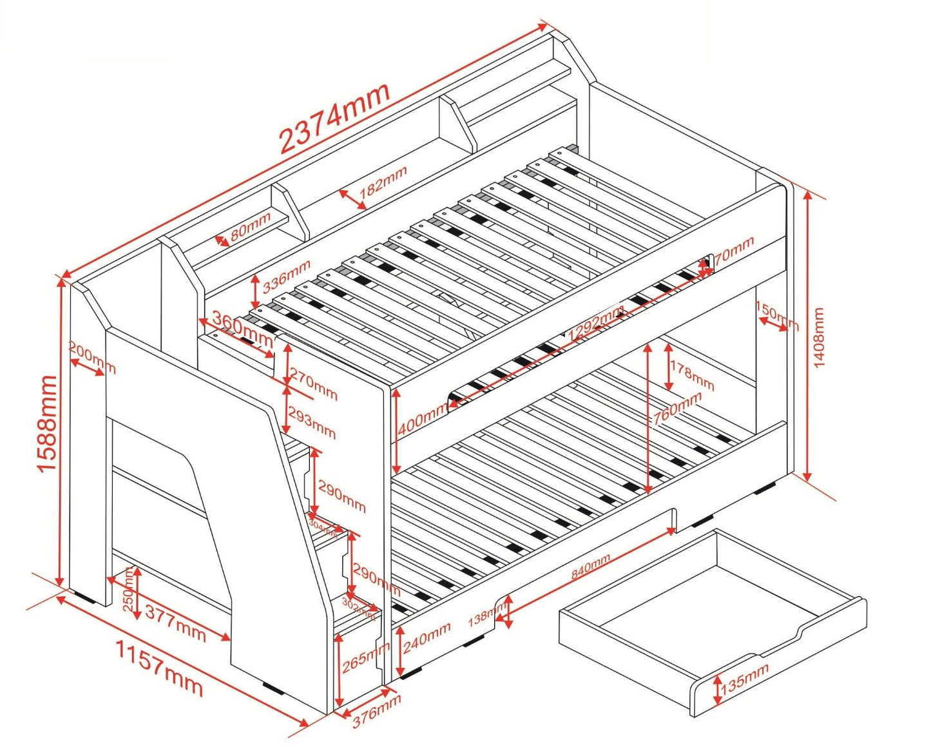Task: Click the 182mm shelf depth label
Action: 383,182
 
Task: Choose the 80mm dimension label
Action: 250,226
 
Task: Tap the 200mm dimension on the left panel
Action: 93,358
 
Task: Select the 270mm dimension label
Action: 313,383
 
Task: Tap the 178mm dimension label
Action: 692,376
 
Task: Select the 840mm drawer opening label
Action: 591,567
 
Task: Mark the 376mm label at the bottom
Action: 377,710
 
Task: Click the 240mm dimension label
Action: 427,637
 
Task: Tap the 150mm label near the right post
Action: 777,316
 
